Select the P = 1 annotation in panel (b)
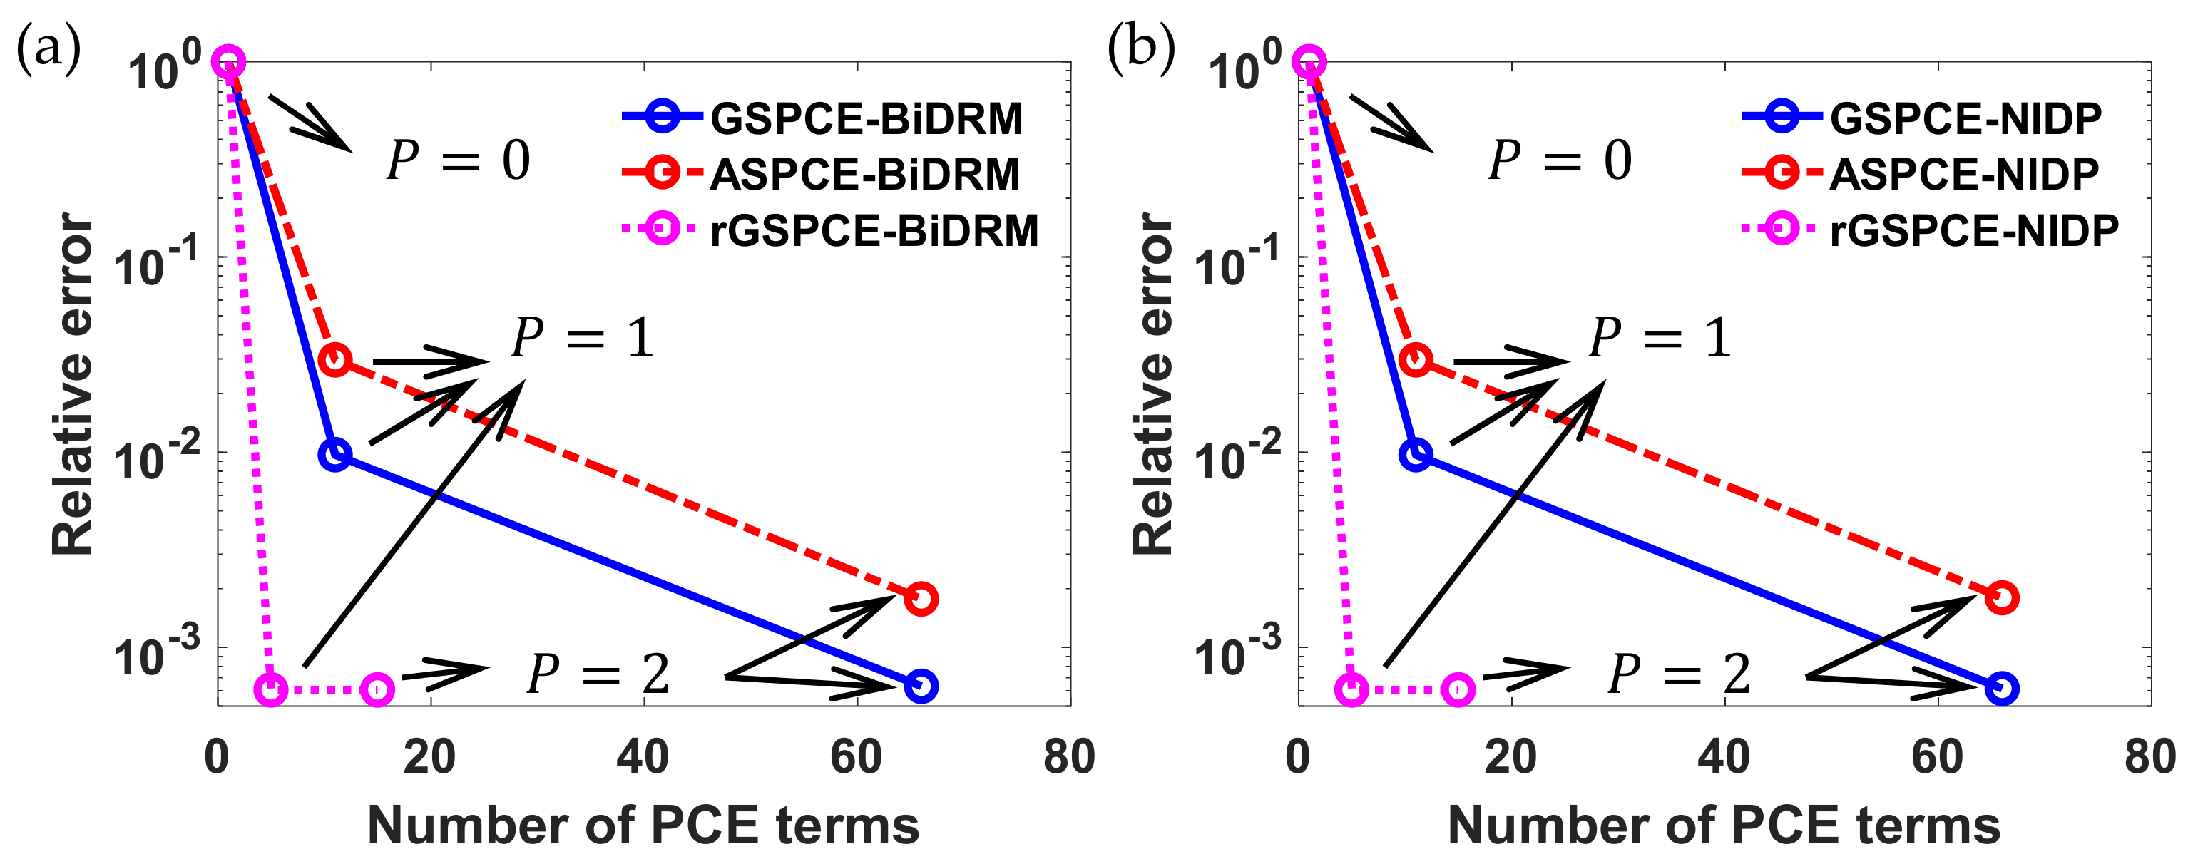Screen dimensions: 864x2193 point(1660,337)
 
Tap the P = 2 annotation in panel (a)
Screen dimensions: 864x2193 point(598,674)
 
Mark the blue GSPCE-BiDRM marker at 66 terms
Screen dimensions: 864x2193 point(920,686)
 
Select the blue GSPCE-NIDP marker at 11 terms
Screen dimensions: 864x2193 point(1416,455)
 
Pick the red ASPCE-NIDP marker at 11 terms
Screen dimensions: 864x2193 point(1416,360)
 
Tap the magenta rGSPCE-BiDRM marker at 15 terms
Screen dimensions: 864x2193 point(377,689)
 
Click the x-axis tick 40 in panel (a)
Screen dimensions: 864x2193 point(643,757)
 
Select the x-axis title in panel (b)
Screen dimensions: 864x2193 point(1724,826)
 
